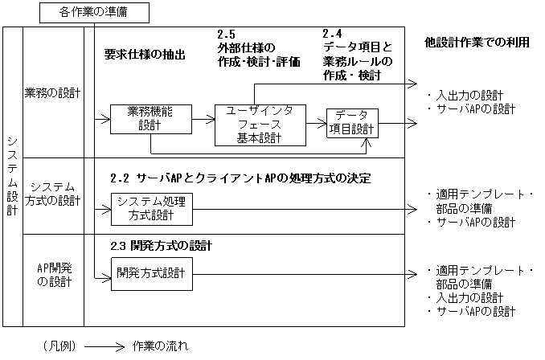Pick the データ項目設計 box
(352, 123)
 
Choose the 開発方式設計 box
(150, 273)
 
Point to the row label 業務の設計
(53, 93)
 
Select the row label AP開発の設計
(53, 274)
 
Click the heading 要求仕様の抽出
(145, 55)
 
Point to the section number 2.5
(226, 35)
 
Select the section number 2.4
(332, 35)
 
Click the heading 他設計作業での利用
(477, 42)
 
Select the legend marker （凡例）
(59, 346)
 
